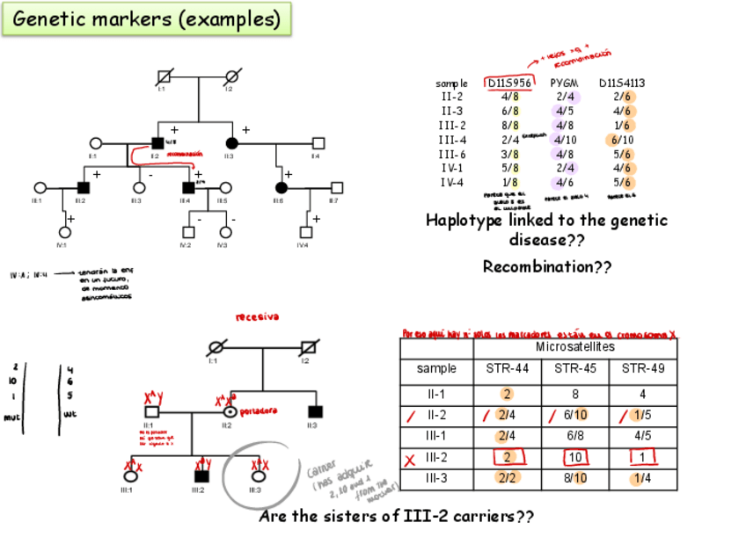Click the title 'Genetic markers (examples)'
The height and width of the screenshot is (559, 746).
[147, 18]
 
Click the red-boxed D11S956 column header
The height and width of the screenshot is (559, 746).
[509, 83]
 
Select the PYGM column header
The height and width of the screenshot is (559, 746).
[564, 83]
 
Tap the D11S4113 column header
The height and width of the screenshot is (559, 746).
[622, 83]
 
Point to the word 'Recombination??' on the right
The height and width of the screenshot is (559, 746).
[546, 266]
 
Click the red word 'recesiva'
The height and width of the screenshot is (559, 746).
[257, 316]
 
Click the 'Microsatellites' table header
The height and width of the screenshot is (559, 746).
[575, 348]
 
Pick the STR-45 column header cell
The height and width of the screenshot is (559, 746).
[575, 369]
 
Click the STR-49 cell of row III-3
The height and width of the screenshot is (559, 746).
[643, 478]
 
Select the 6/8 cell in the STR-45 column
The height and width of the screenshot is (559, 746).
[575, 435]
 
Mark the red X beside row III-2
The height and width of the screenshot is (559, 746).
[409, 459]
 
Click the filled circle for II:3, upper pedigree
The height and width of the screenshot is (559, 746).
[231, 143]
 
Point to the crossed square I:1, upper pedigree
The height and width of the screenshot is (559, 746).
[164, 76]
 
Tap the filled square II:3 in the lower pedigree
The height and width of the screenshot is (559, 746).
[314, 410]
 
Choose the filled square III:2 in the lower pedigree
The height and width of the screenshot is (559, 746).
[201, 476]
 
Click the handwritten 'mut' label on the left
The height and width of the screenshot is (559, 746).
[11, 417]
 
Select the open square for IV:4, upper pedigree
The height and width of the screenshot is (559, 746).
[305, 233]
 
